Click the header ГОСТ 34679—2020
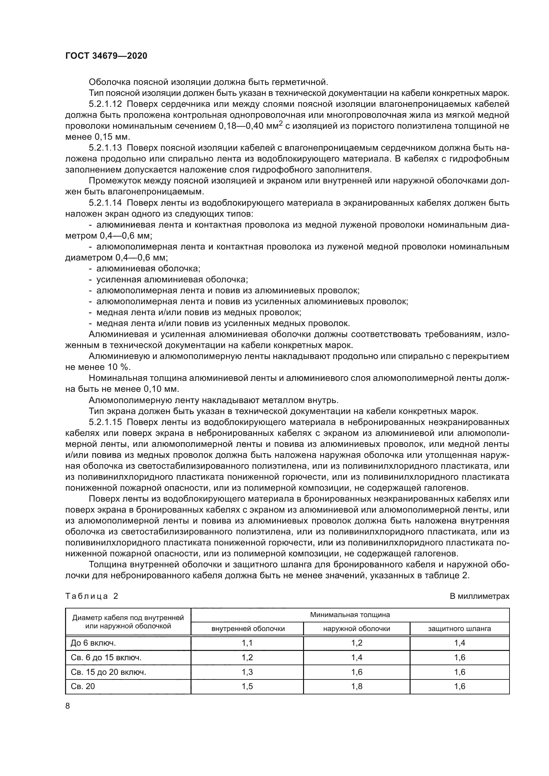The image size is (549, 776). pyautogui.click(x=106, y=56)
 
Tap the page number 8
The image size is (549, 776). pyautogui.click(x=68, y=706)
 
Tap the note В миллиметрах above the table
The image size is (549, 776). pyautogui.click(x=479, y=596)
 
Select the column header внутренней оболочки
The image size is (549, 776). pyautogui.click(x=248, y=629)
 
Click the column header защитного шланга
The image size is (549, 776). pyautogui.click(x=459, y=629)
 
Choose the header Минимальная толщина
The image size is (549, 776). pyautogui.click(x=350, y=615)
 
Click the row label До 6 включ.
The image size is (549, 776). pyautogui.click(x=93, y=643)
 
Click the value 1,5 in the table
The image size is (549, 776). pyautogui.click(x=248, y=686)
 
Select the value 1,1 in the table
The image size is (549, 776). pyautogui.click(x=248, y=643)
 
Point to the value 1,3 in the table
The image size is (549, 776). pyautogui.click(x=248, y=672)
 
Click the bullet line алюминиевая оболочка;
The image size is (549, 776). pyautogui.click(x=148, y=269)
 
